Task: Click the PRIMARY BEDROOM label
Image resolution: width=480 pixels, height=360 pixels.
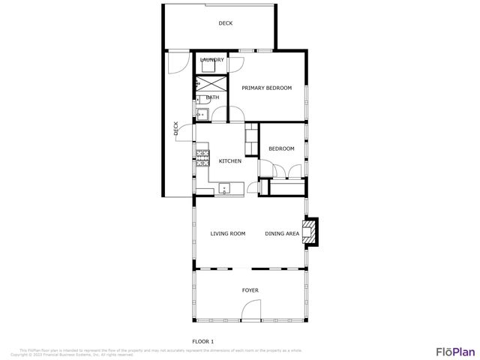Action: click(x=265, y=88)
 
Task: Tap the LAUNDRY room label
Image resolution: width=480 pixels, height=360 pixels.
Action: click(x=212, y=60)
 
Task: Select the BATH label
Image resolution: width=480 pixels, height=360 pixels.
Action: click(x=213, y=97)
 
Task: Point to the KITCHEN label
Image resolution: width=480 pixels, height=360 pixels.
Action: click(x=229, y=161)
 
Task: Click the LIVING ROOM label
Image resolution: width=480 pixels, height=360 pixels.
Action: click(x=228, y=234)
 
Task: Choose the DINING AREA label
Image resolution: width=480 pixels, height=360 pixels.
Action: click(x=282, y=234)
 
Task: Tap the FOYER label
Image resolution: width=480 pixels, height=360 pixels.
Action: click(x=250, y=289)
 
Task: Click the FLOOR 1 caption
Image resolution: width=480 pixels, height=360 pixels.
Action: click(x=203, y=341)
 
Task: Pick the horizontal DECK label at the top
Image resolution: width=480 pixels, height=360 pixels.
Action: click(x=225, y=23)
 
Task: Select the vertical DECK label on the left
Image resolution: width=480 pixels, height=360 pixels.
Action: click(x=176, y=128)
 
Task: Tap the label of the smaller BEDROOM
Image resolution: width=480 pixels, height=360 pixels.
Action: click(x=282, y=149)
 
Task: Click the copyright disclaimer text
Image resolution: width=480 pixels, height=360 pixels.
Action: click(x=161, y=352)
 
